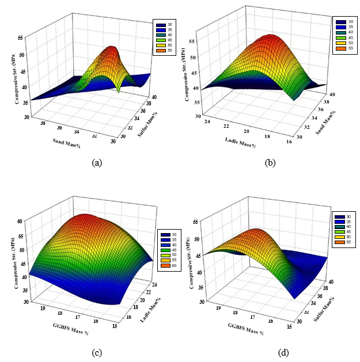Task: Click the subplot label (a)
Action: click(97, 163)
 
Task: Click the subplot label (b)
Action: click(270, 163)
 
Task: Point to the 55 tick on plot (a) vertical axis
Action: click(21, 37)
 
